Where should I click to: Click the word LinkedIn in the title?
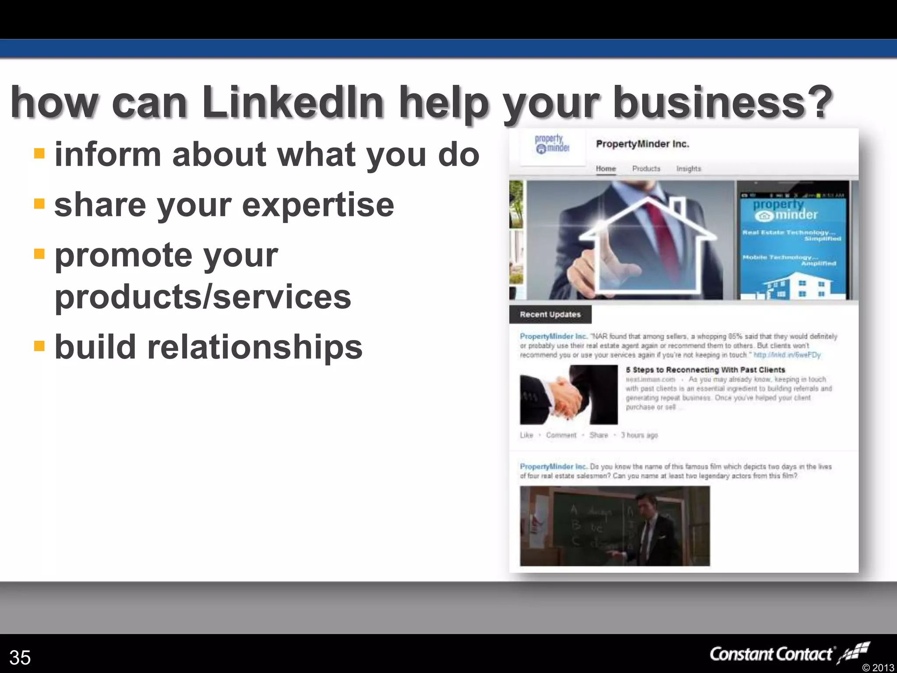click(292, 103)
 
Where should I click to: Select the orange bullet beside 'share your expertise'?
click(39, 204)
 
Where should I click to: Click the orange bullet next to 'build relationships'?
click(39, 346)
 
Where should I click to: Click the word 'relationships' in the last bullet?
click(254, 347)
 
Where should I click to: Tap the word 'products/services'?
click(203, 297)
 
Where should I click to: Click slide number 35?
click(20, 657)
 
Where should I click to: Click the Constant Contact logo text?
click(771, 654)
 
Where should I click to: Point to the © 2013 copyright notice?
click(878, 667)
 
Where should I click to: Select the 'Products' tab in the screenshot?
click(646, 169)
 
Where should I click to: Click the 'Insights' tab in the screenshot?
click(689, 169)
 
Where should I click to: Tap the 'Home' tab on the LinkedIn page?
click(606, 169)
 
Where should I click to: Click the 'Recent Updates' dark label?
click(550, 314)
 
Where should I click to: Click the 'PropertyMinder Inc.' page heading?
click(643, 144)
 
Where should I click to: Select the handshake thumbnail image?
click(569, 395)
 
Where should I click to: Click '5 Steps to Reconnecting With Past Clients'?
click(705, 370)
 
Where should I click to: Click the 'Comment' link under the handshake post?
click(561, 435)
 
